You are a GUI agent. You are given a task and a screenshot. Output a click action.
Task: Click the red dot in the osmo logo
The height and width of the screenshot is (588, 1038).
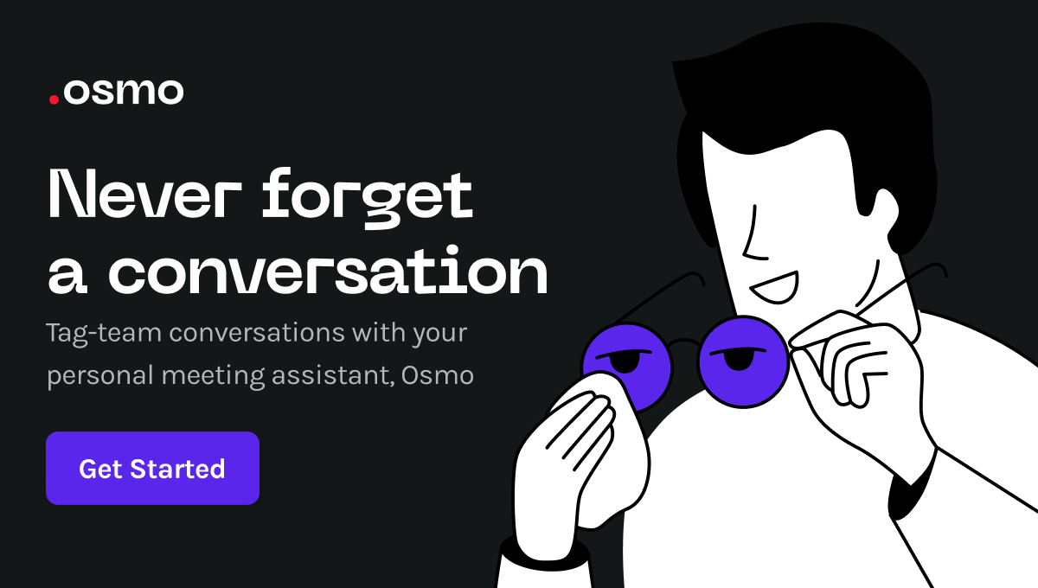coord(54,99)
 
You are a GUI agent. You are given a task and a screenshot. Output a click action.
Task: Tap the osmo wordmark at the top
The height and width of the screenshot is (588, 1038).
coord(123,92)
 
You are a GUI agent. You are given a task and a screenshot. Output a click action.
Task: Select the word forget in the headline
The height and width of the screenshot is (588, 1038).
coord(368,198)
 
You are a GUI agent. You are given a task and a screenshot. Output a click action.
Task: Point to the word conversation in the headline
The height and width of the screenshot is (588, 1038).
coord(328,271)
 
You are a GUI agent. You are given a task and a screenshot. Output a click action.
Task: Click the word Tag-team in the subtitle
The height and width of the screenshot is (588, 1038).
coord(104,333)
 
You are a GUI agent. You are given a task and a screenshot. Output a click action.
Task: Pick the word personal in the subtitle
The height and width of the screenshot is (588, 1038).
coord(100,375)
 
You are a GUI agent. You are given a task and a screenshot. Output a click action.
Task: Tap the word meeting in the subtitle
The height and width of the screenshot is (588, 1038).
coord(213,375)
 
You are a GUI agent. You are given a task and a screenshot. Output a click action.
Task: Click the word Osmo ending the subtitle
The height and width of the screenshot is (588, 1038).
coord(438,375)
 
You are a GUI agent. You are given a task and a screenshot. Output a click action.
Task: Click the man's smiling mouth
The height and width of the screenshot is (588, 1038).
coord(774,288)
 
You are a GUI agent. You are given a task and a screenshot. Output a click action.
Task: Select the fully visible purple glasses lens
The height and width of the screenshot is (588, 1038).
coord(743,362)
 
